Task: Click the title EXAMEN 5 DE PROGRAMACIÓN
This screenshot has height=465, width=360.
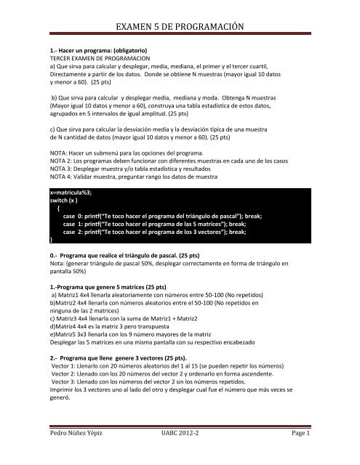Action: pos(180,28)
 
